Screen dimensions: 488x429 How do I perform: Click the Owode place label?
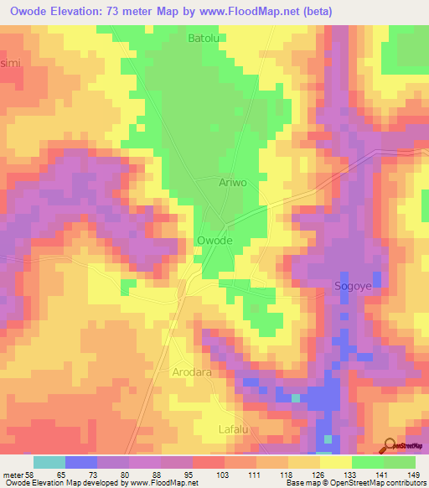[x=214, y=241]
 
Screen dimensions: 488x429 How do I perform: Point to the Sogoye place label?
[x=353, y=285]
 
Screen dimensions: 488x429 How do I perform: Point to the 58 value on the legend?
[x=31, y=474]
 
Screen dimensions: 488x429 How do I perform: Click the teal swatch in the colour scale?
[x=49, y=462]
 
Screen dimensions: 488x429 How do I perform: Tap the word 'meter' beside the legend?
[x=13, y=474]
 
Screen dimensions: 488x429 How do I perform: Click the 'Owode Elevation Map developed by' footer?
[x=64, y=483]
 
